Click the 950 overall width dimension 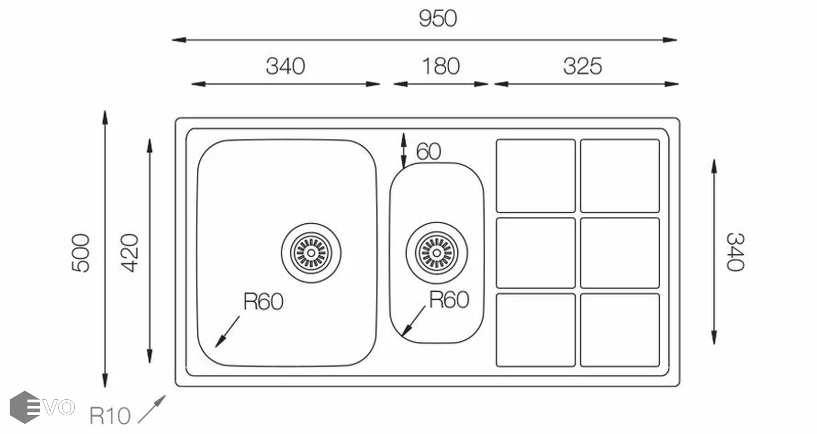[x=438, y=19]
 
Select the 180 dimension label [x=441, y=67]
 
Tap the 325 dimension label [x=582, y=67]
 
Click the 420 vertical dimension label [x=129, y=253]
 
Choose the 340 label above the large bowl [x=285, y=67]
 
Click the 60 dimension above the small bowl [x=428, y=152]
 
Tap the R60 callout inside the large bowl [x=263, y=302]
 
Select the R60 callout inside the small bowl [x=449, y=300]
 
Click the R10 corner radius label [x=110, y=416]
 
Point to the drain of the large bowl [x=311, y=253]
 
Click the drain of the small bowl [x=437, y=253]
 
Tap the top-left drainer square [x=536, y=176]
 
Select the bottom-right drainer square [x=620, y=330]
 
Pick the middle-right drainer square [x=620, y=253]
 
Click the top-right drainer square [x=620, y=176]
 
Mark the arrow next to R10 [x=152, y=409]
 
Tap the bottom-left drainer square [x=536, y=330]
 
